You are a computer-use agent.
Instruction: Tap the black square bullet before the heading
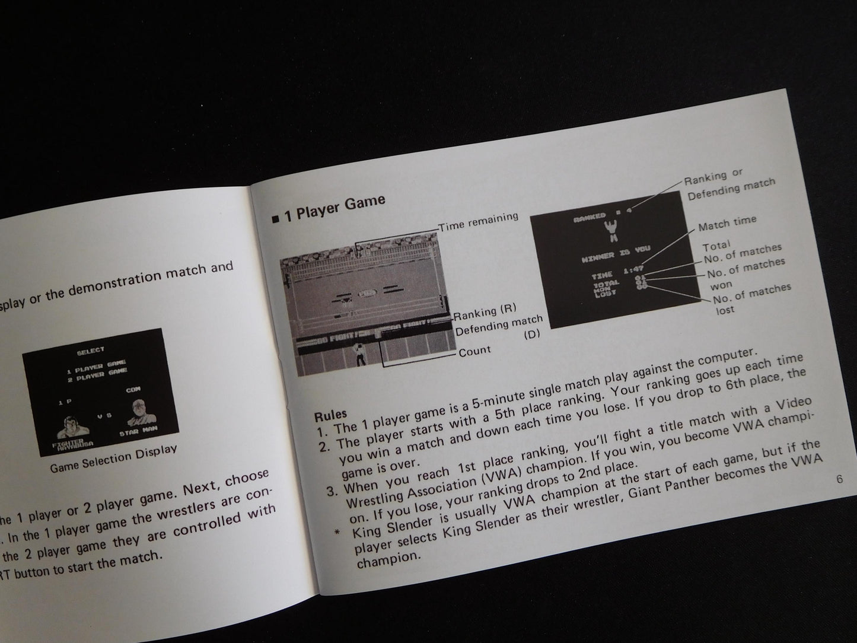pyautogui.click(x=275, y=220)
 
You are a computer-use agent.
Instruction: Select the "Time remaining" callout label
pyautogui.click(x=478, y=221)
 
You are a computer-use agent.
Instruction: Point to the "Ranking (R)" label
pyautogui.click(x=485, y=311)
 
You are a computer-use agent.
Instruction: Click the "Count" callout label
pyautogui.click(x=474, y=351)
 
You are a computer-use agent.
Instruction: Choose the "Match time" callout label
pyautogui.click(x=727, y=224)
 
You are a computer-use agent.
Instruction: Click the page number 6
pyautogui.click(x=839, y=479)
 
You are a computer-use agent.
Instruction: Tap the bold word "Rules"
pyautogui.click(x=330, y=413)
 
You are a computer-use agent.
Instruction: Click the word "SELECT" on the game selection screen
pyautogui.click(x=90, y=351)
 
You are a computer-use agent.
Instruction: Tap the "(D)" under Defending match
pyautogui.click(x=532, y=335)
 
